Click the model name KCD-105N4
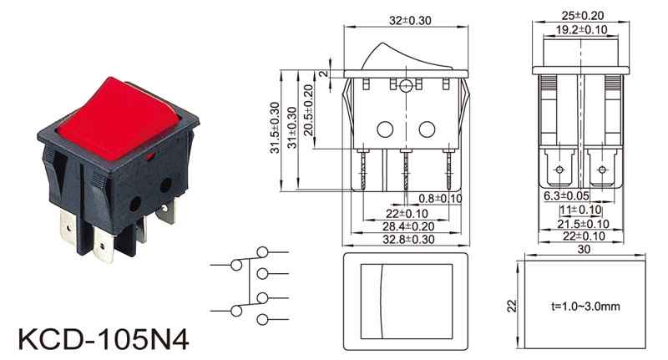point(104,339)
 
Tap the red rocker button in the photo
point(118,119)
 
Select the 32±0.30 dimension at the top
point(410,20)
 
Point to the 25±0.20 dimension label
point(582,15)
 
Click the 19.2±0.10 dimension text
point(581,29)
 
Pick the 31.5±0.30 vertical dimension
point(275,128)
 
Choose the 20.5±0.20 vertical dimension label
point(308,110)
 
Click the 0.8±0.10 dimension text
point(440,199)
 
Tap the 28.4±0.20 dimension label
point(408,226)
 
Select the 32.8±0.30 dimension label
point(408,239)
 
